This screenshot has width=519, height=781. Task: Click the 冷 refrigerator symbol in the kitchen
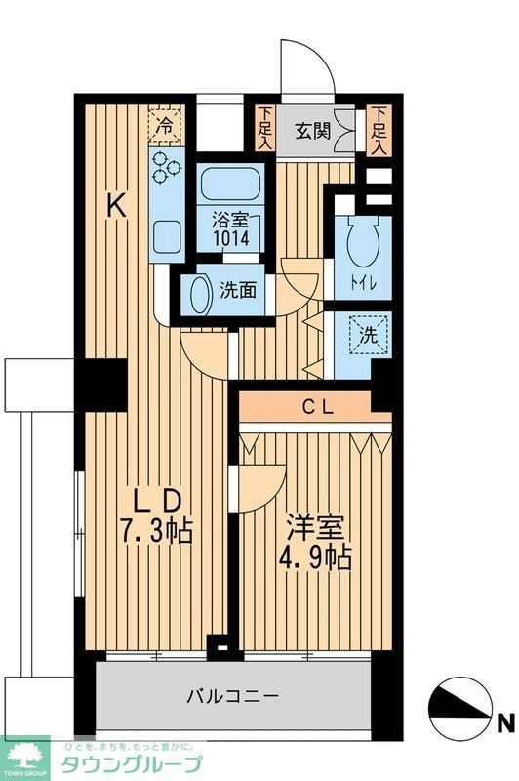[x=166, y=125]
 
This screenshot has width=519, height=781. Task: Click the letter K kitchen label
[x=116, y=205]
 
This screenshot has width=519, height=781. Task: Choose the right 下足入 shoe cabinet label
[x=380, y=128]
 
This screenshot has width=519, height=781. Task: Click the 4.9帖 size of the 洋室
[x=315, y=560]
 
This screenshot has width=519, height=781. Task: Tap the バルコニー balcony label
[x=233, y=696]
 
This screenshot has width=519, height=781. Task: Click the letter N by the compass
[x=505, y=723]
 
